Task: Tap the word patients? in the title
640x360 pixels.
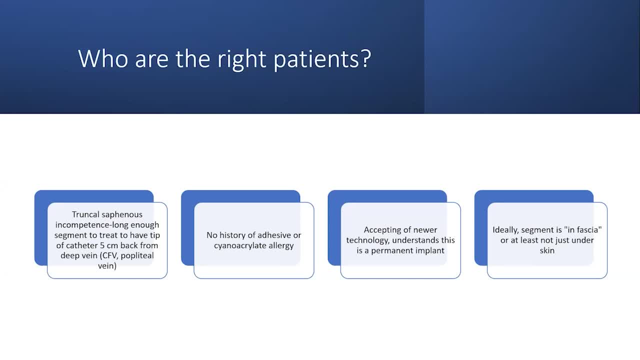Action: (322, 59)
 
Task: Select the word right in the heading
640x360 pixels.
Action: (241, 59)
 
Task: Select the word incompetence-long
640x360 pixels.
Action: (91, 225)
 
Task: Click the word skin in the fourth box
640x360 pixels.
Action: (547, 250)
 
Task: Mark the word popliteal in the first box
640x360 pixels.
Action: (137, 255)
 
